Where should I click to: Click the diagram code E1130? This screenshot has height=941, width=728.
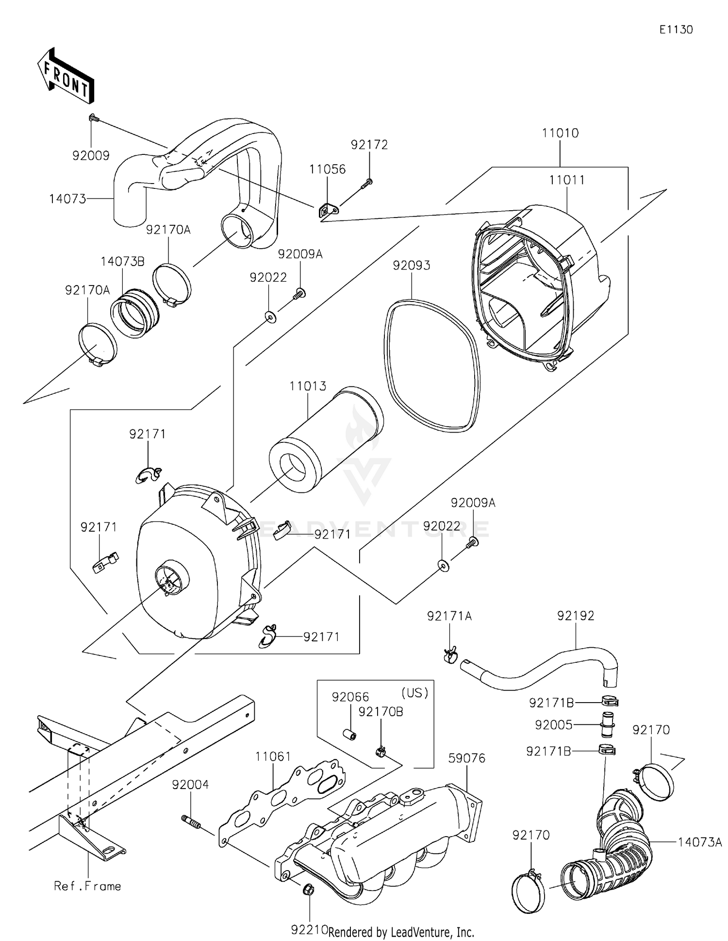click(676, 30)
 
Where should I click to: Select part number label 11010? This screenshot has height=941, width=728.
click(560, 133)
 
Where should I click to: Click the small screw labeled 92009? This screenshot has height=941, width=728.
click(93, 118)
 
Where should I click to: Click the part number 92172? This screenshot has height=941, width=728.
click(369, 145)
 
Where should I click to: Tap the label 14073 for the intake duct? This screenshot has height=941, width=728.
click(67, 199)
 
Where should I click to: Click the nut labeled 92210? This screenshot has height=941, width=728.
click(307, 890)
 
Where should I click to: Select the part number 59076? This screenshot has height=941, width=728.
click(466, 758)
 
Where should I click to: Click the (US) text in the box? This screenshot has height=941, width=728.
click(415, 693)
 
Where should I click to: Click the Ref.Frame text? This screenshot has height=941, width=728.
click(87, 886)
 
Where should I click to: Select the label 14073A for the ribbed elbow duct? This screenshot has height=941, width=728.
click(699, 842)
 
